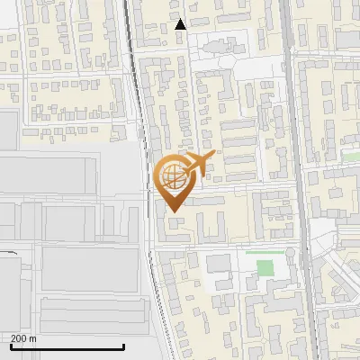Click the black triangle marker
click(x=181, y=24)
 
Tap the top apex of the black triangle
click(x=181, y=19)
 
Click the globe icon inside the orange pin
click(x=172, y=176)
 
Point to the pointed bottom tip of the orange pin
click(x=172, y=211)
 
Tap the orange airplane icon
click(x=197, y=166)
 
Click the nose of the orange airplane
click(x=214, y=155)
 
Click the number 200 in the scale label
click(x=20, y=338)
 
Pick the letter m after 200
click(x=33, y=338)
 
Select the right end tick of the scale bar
click(x=123, y=345)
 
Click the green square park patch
click(x=265, y=267)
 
